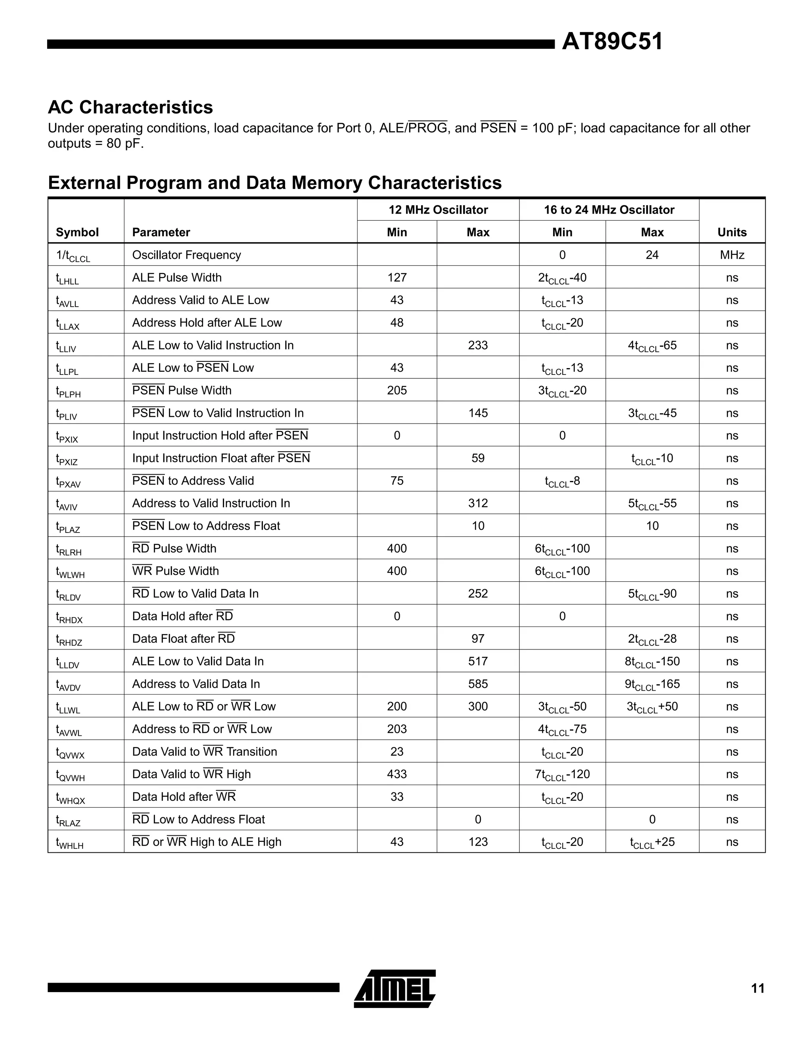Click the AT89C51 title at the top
point(612,42)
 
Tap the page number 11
point(758,989)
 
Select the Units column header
point(732,232)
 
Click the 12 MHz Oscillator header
point(438,210)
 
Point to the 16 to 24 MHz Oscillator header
point(609,210)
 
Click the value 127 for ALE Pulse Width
point(396,277)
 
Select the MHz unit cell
point(732,255)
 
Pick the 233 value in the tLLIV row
point(477,346)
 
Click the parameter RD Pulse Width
point(174,548)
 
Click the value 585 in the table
point(477,684)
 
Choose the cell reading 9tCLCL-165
point(651,684)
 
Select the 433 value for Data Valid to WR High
point(396,774)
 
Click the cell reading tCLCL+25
point(651,842)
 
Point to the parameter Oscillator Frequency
point(186,255)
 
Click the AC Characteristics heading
point(130,107)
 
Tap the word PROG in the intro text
point(427,128)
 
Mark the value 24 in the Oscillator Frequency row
point(651,255)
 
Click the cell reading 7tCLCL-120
point(562,774)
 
